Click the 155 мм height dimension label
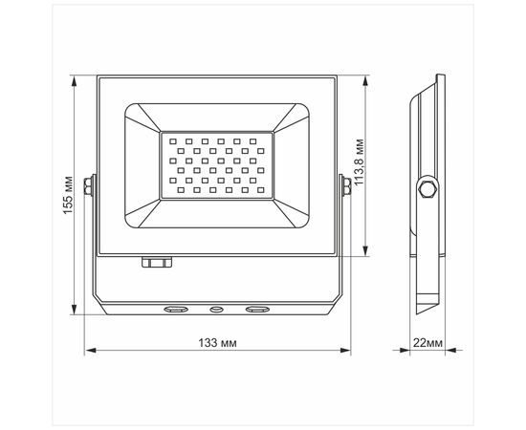coord(68,195)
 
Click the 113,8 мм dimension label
coord(360,162)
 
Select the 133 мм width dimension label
coord(217,343)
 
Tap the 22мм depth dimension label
coord(427,343)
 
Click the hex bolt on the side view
coord(427,189)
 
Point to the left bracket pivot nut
coord(88,186)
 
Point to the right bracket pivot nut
coord(346,186)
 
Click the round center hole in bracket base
coord(216,309)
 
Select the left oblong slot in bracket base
coord(176,309)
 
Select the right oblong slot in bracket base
coord(257,309)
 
